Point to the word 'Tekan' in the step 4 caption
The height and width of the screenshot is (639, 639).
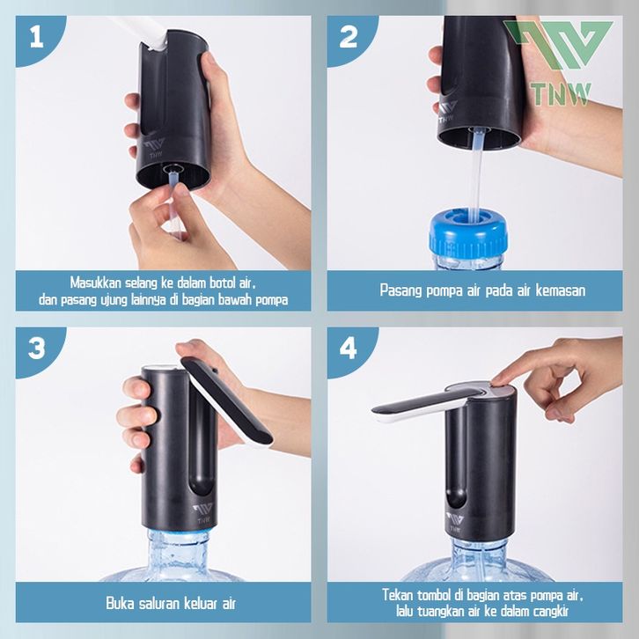point(397,595)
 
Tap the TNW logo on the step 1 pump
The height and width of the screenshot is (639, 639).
point(155,149)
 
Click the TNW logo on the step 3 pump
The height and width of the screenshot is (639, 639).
point(203,513)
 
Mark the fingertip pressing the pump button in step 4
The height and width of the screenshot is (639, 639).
point(497,383)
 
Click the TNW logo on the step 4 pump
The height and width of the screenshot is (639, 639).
point(455,522)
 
